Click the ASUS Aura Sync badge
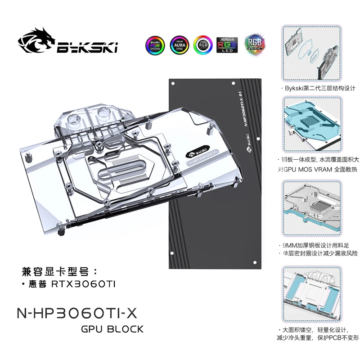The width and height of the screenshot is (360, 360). coord(179,45)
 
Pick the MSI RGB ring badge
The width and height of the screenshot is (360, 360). coord(202,45)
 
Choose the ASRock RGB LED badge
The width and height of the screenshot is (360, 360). coord(227,45)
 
